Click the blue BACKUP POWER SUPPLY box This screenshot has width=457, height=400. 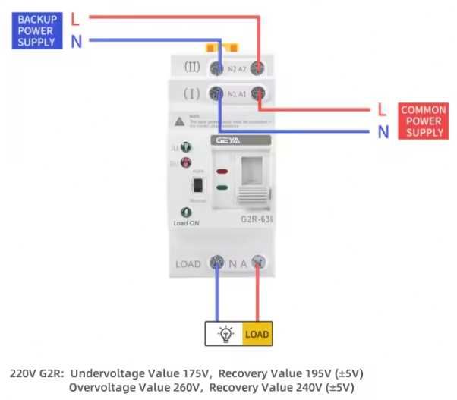tap(36, 30)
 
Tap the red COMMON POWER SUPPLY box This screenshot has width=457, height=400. tap(423, 121)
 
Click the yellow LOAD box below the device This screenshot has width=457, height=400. tap(257, 333)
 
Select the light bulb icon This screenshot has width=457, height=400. tap(225, 333)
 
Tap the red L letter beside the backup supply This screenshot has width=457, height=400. tap(75, 17)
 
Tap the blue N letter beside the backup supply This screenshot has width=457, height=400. tap(76, 42)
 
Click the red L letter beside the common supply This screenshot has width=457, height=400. tap(383, 110)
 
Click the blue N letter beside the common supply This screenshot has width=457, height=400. tap(383, 133)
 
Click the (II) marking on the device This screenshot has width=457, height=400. tap(191, 68)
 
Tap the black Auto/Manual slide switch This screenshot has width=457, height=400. tap(198, 185)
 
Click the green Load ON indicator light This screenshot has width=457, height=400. tap(184, 213)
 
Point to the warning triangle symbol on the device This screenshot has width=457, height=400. tap(180, 121)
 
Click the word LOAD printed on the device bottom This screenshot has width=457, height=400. tap(188, 264)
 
